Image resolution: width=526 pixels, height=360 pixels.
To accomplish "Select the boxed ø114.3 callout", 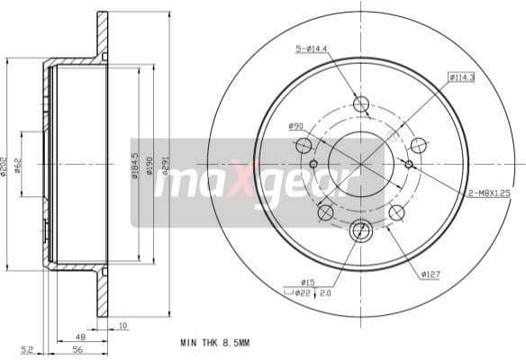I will [462, 78].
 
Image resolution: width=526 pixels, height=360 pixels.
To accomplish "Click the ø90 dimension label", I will [295, 126].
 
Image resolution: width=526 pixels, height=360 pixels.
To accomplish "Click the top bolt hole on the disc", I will [361, 103].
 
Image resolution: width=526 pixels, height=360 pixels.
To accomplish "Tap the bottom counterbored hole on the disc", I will [361, 229].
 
